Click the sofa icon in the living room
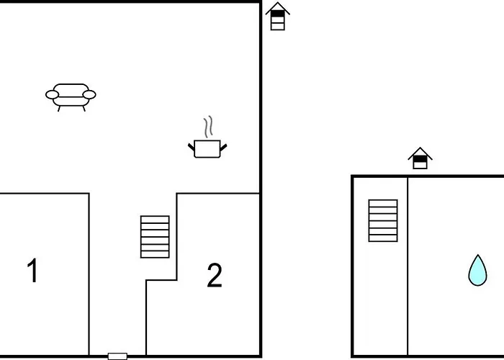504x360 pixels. click(71, 97)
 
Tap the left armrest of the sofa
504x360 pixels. click(52, 94)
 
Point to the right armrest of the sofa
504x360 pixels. click(89, 94)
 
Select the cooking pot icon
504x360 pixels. click(207, 149)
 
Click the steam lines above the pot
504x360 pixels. click(208, 127)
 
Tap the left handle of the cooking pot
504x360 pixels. click(192, 147)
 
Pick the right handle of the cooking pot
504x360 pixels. click(224, 147)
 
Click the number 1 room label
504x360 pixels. click(32, 270)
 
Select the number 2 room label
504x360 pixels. click(215, 275)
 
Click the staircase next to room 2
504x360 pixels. click(155, 237)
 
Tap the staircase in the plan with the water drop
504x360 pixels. click(383, 220)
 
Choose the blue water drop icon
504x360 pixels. click(477, 270)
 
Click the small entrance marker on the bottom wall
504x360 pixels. click(117, 356)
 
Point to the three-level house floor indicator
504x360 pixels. click(278, 17)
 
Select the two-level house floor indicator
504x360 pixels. click(420, 158)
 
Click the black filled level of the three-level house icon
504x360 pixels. click(278, 14)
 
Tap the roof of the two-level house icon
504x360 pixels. click(420, 153)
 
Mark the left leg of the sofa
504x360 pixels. click(59, 109)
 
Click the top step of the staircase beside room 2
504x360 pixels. click(155, 219)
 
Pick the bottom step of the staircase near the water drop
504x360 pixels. click(383, 238)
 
